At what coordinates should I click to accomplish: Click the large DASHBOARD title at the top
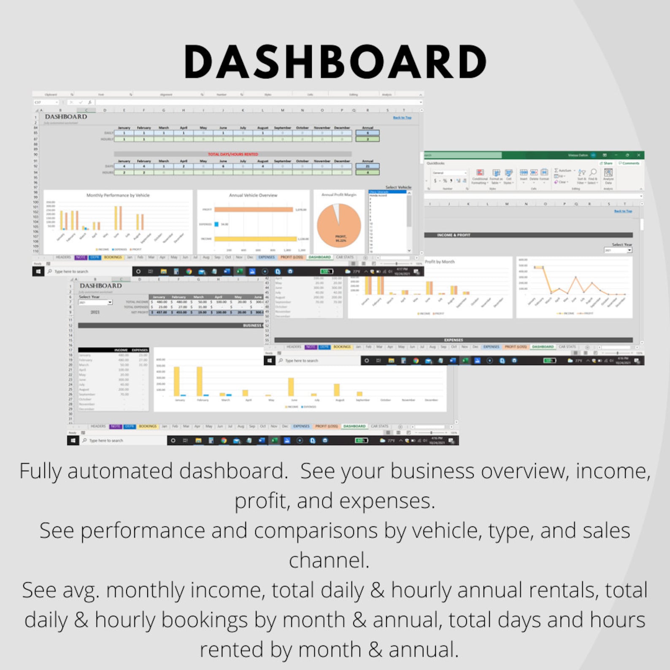(x=335, y=62)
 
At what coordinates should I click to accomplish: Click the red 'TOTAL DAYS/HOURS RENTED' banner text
(x=232, y=154)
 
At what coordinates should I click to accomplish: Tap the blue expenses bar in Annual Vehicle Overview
(x=216, y=224)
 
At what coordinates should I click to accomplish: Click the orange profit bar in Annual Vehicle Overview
(x=253, y=210)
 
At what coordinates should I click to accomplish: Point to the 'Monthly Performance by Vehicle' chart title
(x=118, y=195)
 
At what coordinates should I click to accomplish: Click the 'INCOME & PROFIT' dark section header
(x=454, y=235)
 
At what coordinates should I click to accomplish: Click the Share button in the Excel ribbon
(x=606, y=163)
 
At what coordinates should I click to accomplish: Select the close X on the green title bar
(x=638, y=155)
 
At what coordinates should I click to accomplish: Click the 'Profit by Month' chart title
(x=440, y=262)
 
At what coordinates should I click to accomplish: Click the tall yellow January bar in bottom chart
(x=177, y=381)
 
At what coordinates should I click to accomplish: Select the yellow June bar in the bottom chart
(x=291, y=387)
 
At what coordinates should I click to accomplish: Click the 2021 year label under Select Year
(x=95, y=312)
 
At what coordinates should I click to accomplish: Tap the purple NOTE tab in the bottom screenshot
(x=115, y=426)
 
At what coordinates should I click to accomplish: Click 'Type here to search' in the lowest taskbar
(x=106, y=440)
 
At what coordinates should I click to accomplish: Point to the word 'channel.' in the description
(x=329, y=560)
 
